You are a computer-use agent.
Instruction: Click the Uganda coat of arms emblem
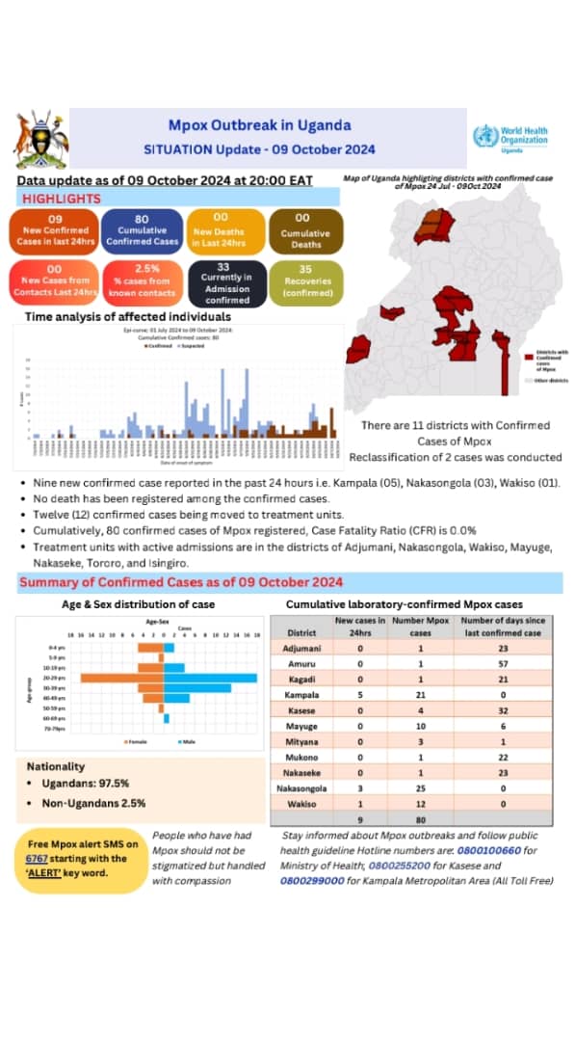(40, 140)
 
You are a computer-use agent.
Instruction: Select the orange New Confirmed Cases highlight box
(55, 231)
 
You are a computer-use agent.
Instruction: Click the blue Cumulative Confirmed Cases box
(140, 231)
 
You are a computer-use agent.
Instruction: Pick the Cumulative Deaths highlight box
(304, 231)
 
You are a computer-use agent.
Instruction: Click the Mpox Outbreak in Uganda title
(260, 125)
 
